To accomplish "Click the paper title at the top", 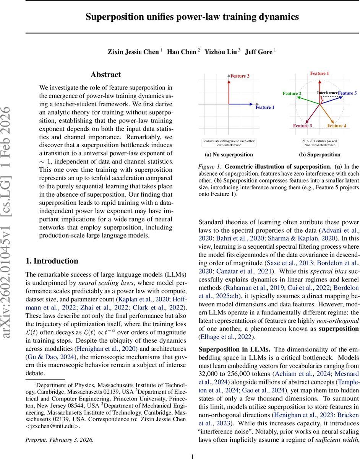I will pos(192,17).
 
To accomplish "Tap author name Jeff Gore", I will pos(258,52).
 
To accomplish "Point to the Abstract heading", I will pos(105,75).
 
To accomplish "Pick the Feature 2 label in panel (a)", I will pos(240,76).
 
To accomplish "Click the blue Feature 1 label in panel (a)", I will pos(265,107).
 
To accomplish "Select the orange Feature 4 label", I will pos(337,126).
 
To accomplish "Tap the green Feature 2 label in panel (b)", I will pos(292,93).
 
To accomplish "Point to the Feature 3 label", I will pos(303,126).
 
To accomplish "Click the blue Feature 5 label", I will pos(347,93).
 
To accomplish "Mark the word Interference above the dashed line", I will pos(328,93).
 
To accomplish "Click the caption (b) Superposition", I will pos(319,155).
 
